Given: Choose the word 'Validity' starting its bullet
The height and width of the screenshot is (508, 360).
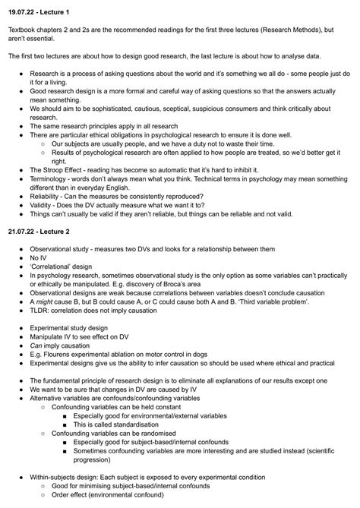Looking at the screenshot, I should point(43,205).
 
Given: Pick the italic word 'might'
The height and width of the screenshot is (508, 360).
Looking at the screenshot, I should point(44,301).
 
